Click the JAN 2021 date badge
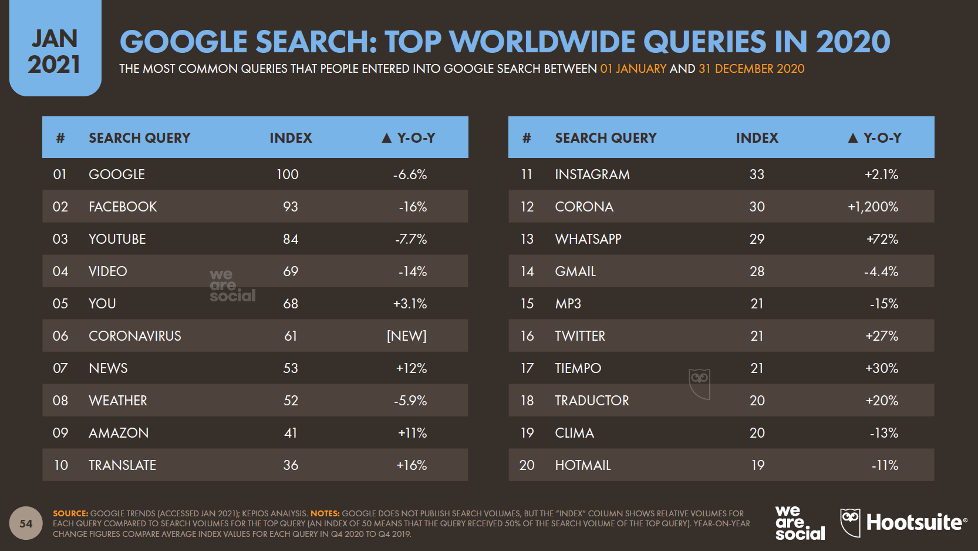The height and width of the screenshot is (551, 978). click(x=55, y=52)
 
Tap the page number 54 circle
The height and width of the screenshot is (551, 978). click(x=26, y=523)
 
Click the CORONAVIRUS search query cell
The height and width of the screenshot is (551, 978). click(x=134, y=336)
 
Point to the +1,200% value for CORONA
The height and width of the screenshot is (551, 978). click(x=872, y=207)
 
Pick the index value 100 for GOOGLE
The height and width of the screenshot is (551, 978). click(x=288, y=174)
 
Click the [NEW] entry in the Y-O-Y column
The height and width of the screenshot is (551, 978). click(x=406, y=336)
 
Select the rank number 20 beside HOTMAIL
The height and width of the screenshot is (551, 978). click(x=527, y=465)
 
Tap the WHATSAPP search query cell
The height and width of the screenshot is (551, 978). click(x=588, y=239)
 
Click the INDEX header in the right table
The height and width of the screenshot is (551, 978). click(x=757, y=138)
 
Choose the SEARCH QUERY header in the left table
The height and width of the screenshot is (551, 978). click(x=140, y=138)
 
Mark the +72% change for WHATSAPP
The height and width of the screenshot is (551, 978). click(x=882, y=239)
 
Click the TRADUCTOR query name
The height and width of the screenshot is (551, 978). click(x=592, y=401)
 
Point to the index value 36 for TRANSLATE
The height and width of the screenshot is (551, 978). click(x=291, y=465)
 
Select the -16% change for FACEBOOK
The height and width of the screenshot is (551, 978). click(x=413, y=207)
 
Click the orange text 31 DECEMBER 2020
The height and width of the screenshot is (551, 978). click(x=751, y=69)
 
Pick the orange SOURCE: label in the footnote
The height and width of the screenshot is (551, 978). click(x=70, y=513)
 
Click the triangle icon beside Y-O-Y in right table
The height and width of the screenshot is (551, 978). click(x=853, y=138)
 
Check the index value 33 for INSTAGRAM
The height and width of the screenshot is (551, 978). click(x=757, y=174)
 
